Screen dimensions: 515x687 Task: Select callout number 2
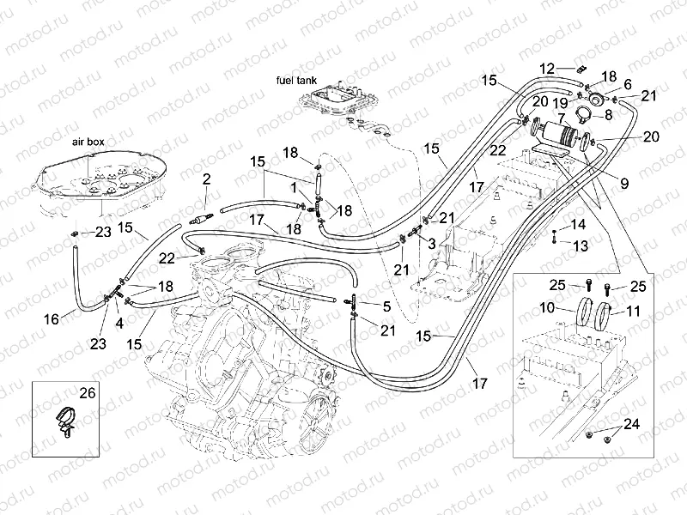(206, 179)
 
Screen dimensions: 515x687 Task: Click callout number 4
(119, 324)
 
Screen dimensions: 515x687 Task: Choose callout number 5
(388, 306)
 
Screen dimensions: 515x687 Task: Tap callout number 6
(627, 83)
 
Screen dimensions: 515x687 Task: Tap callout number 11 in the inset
(633, 311)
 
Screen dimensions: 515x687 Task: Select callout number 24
(632, 424)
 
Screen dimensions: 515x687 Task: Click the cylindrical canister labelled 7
(562, 136)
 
